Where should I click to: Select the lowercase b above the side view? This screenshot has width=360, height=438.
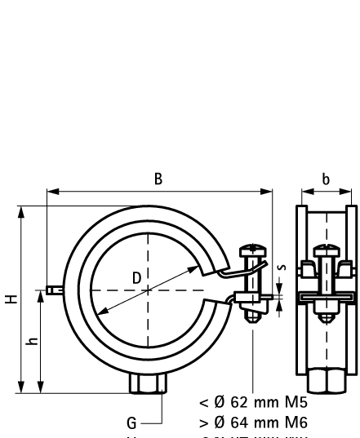[326, 178]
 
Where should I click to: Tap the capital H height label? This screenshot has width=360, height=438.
[10, 299]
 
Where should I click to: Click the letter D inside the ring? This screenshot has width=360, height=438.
[136, 278]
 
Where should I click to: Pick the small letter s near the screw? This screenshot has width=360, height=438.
[282, 266]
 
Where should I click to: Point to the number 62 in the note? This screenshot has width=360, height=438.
[233, 402]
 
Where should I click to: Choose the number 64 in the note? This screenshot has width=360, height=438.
[233, 422]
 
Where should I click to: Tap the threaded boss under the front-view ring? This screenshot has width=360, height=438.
[148, 383]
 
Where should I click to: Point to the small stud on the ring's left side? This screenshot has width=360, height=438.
[54, 290]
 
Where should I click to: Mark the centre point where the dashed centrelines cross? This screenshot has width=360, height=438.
[148, 290]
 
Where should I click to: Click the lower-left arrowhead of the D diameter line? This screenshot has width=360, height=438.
[100, 314]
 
